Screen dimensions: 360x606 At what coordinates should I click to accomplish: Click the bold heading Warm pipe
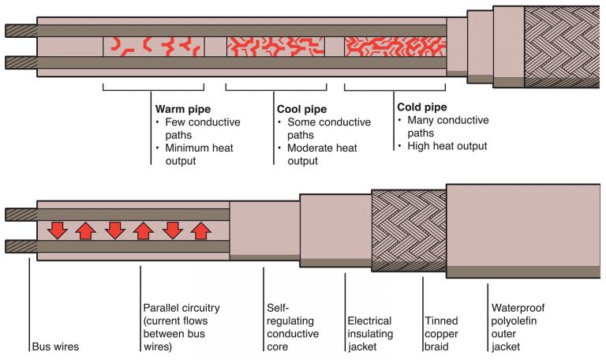[x=181, y=109]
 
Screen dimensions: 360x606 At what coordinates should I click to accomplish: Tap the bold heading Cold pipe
[x=423, y=107]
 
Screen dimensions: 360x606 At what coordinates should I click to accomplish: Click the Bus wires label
[x=57, y=346]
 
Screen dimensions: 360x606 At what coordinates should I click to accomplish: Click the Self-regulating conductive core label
[x=293, y=326]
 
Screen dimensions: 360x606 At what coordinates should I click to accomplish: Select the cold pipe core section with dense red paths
[x=394, y=46]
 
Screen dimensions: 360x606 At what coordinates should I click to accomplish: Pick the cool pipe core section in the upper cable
[x=275, y=46]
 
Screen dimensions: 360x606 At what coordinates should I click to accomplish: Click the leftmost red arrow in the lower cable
[x=56, y=231]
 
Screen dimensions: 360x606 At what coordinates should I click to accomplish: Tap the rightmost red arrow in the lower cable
[x=201, y=231]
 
